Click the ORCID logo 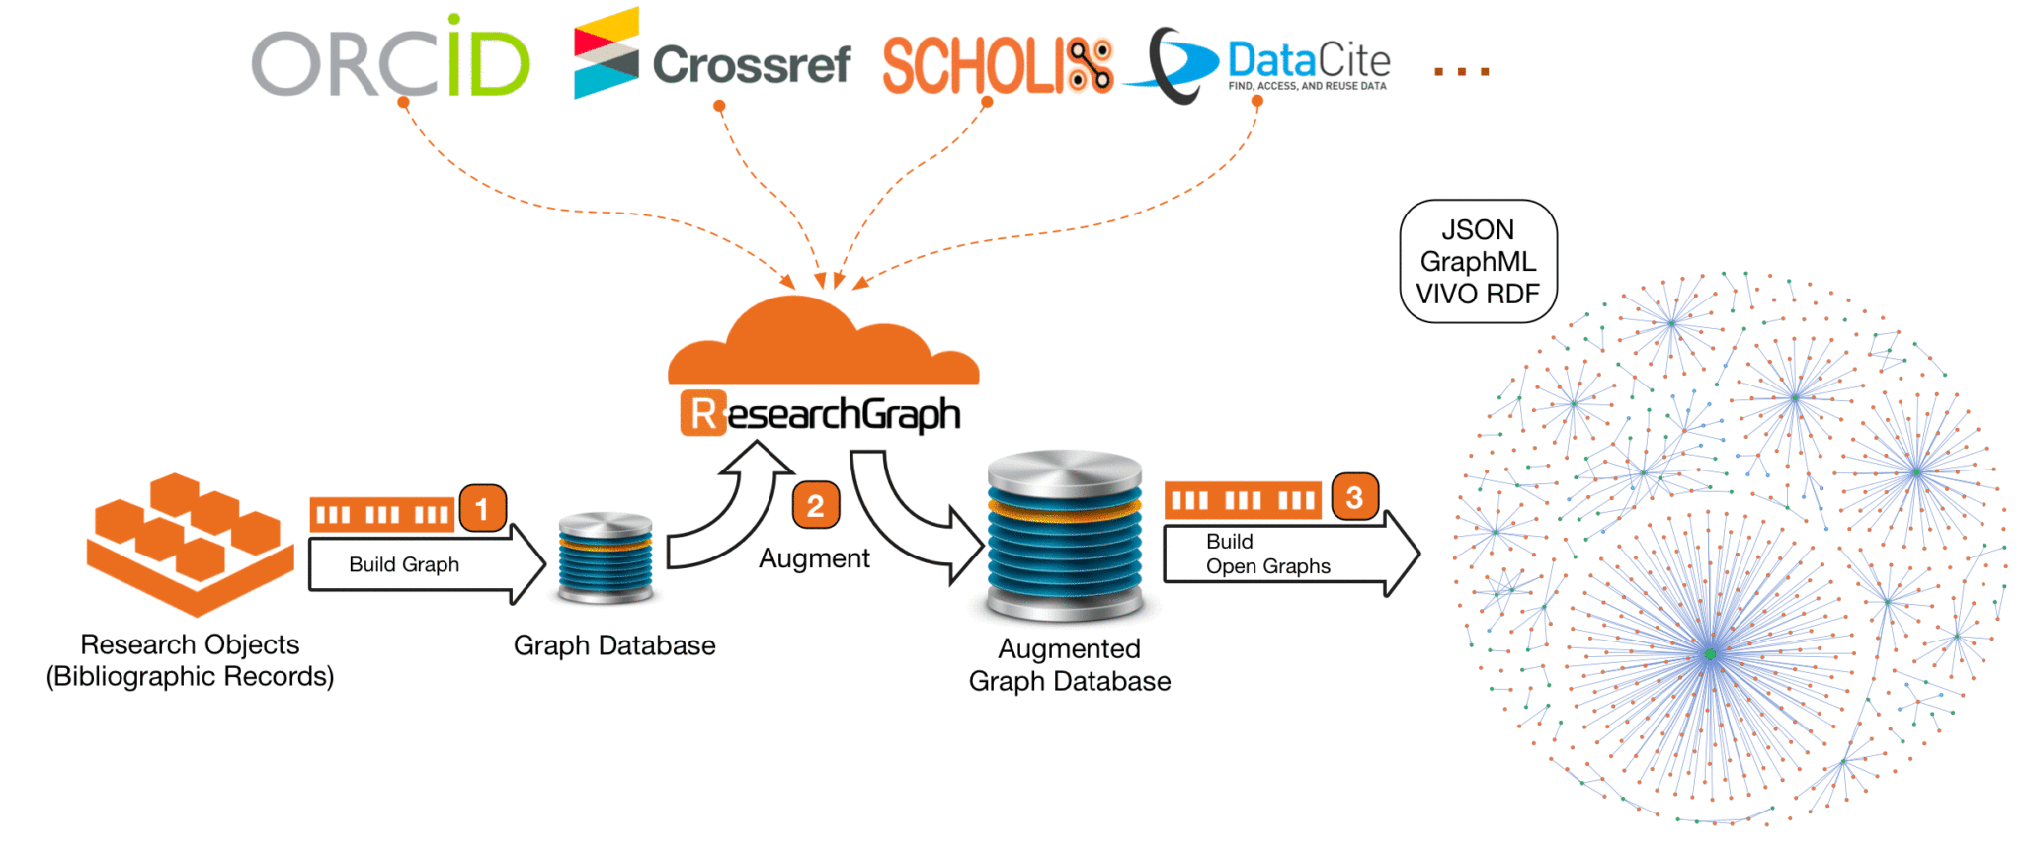pyautogui.click(x=390, y=61)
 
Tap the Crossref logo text pyautogui.click(x=751, y=65)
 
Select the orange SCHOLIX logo pyautogui.click(x=997, y=67)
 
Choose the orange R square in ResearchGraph pyautogui.click(x=702, y=414)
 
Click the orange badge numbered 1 pyautogui.click(x=482, y=509)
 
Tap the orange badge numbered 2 pyautogui.click(x=815, y=506)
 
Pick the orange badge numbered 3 pyautogui.click(x=1354, y=497)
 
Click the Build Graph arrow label pyautogui.click(x=403, y=564)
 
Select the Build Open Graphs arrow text pyautogui.click(x=1267, y=554)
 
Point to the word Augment pyautogui.click(x=814, y=558)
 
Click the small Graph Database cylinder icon pyautogui.click(x=605, y=557)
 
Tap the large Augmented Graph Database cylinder pyautogui.click(x=1065, y=536)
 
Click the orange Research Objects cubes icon pyautogui.click(x=190, y=542)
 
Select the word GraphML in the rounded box pyautogui.click(x=1478, y=262)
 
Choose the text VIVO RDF pyautogui.click(x=1478, y=295)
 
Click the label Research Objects pyautogui.click(x=190, y=644)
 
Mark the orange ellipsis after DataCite pyautogui.click(x=1461, y=71)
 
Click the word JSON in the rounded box pyautogui.click(x=1478, y=230)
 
